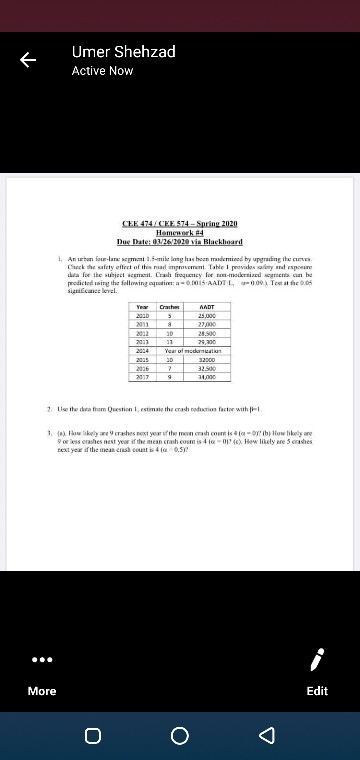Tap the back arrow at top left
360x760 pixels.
tap(28, 60)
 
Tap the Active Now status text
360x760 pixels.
tap(102, 71)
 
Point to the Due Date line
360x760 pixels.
tap(180, 242)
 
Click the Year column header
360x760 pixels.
tap(143, 279)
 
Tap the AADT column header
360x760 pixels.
tap(208, 279)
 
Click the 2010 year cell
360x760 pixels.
tap(143, 287)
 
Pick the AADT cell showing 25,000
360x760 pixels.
tap(208, 287)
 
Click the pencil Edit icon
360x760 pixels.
tap(316, 661)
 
